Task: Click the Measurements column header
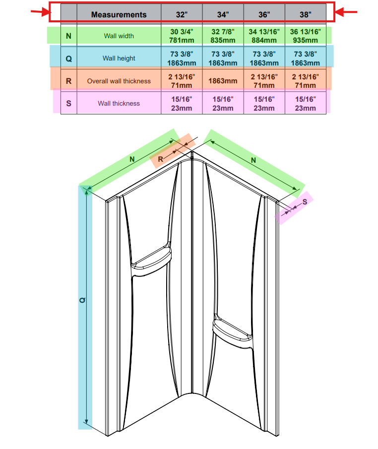(x=119, y=14)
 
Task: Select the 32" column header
(x=182, y=14)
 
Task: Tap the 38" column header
(x=305, y=14)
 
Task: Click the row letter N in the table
(x=69, y=36)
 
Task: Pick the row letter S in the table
(x=69, y=103)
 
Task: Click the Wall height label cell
(x=119, y=58)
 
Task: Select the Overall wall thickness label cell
(x=119, y=81)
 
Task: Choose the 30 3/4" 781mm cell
(x=182, y=36)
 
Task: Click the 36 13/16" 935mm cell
(x=305, y=36)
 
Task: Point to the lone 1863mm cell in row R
(x=223, y=81)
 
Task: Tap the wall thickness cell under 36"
(x=264, y=103)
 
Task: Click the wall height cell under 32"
(x=182, y=59)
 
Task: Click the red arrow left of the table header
(x=41, y=12)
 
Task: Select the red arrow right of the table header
(x=346, y=12)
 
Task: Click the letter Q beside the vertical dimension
(x=82, y=300)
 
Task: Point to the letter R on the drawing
(x=160, y=159)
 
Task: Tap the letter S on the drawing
(x=305, y=202)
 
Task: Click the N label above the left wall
(x=132, y=159)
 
